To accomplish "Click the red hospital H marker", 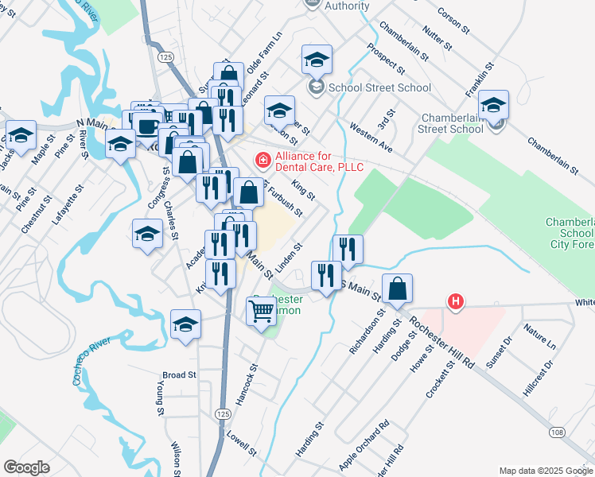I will pos(456,302).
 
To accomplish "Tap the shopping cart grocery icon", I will pos(262,312).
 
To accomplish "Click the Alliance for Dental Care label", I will pos(318,161).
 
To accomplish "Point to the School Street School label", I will pos(368,87).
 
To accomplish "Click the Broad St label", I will pos(179,374).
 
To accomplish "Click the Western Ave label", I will pos(371,137).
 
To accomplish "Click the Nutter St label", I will pos(437,38).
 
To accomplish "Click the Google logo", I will pos(26,467).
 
